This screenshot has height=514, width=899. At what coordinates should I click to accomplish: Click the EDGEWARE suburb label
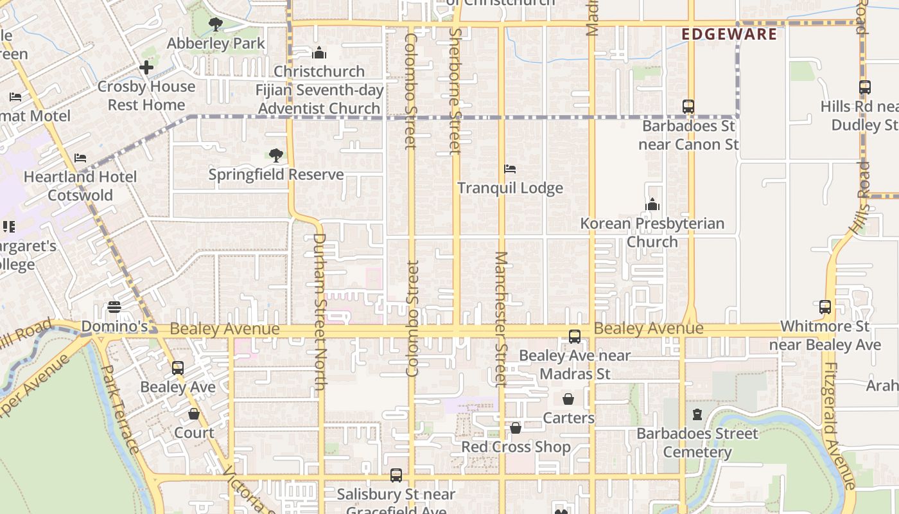729,34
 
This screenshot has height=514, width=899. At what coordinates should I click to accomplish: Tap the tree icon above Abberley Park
215,24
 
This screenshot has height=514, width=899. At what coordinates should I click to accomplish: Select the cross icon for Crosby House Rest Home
146,67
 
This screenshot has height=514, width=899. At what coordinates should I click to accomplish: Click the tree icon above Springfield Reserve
276,155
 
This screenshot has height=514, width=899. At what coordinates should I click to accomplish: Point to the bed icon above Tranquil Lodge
510,169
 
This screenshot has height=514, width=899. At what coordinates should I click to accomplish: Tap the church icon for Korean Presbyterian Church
652,205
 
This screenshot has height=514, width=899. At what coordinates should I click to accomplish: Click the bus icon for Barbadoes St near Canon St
688,106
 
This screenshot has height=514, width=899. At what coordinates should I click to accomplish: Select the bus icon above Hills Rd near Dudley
865,87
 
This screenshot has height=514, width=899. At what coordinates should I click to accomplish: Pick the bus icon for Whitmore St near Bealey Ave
825,307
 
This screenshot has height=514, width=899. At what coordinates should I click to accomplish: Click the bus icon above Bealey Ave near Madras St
575,336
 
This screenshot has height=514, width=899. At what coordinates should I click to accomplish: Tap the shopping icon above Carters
568,399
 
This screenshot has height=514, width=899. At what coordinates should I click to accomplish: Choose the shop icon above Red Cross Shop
516,427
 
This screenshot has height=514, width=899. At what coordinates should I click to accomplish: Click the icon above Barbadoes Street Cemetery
697,414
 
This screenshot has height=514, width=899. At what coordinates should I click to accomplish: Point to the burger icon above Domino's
114,307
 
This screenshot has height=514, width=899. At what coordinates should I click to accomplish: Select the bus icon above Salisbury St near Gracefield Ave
396,475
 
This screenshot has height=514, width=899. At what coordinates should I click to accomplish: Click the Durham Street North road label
319,312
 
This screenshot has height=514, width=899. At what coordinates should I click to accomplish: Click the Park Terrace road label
121,409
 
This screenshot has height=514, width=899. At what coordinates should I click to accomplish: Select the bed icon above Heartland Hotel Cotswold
80,157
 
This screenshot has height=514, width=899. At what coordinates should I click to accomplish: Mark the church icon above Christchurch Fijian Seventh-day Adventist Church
319,53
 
